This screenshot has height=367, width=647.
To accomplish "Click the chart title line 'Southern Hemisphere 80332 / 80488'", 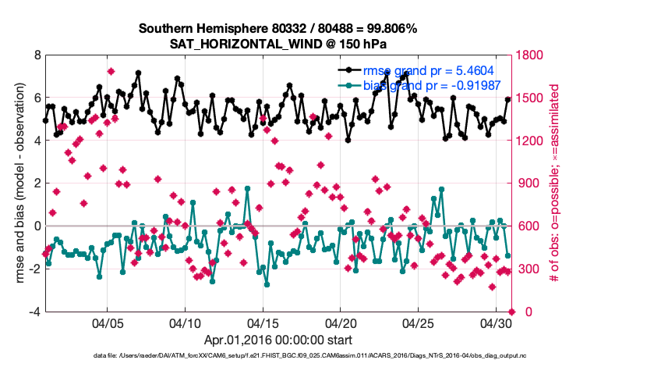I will (278, 28).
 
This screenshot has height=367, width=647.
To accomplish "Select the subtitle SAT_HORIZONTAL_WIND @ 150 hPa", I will (278, 44).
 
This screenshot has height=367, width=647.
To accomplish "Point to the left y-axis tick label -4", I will (34, 312).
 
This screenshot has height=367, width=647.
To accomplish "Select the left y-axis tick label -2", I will (34, 269).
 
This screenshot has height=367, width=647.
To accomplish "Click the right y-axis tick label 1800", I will (532, 55).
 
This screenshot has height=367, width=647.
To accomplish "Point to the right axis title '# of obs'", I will (556, 183).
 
